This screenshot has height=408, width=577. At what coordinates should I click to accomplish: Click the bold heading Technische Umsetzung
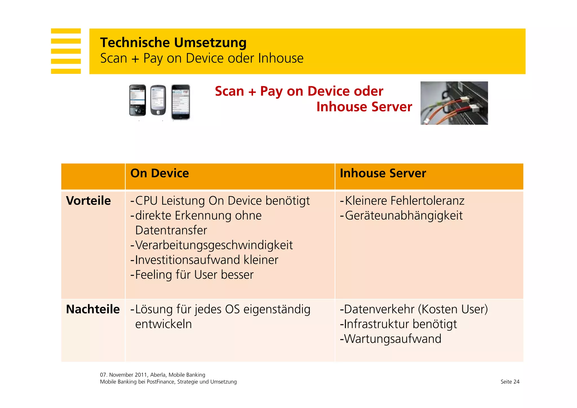coord(173,43)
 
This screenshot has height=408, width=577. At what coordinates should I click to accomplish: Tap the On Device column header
coord(159,173)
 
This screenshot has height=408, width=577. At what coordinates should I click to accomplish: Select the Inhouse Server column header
coord(383,173)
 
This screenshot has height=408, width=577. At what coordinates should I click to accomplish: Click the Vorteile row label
coord(88,201)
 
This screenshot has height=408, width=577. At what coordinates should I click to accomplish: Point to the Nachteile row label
coord(93,309)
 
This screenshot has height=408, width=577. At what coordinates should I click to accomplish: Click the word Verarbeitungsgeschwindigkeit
coord(214,245)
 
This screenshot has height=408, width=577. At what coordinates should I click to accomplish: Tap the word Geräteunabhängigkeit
coord(404,216)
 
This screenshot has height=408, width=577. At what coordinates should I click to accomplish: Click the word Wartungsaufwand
coord(393,339)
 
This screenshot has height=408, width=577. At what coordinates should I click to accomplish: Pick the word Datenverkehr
coord(379,309)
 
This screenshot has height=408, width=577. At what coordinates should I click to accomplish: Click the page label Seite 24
coord(510,382)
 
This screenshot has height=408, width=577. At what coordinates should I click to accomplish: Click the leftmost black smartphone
coord(137,100)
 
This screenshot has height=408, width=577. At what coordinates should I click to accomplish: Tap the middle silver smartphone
coord(158,100)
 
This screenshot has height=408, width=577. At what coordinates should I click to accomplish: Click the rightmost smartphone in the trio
coord(181,102)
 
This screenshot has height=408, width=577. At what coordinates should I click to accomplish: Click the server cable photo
coord(454,103)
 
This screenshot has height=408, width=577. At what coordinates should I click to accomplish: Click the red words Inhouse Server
coord(364,107)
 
